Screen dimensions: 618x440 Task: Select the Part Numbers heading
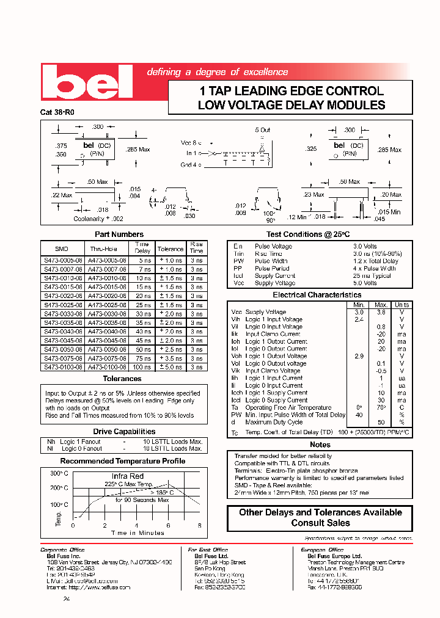[119, 234]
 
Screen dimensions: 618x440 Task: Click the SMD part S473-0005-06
[61, 260]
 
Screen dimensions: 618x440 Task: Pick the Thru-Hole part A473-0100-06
[107, 368]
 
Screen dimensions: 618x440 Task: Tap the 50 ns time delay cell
[142, 349]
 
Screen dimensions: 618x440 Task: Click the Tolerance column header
[170, 249]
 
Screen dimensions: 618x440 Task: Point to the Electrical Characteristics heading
[317, 295]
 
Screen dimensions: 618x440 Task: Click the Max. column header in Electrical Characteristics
[381, 304]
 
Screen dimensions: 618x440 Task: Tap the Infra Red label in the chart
[127, 476]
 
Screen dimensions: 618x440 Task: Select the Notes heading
[320, 445]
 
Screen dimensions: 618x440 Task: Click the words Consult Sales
[320, 523]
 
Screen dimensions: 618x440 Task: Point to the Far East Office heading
[208, 550]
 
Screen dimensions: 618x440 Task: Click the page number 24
[67, 599]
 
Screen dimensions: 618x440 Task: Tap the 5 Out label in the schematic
[262, 130]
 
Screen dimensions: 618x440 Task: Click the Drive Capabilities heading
[123, 432]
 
